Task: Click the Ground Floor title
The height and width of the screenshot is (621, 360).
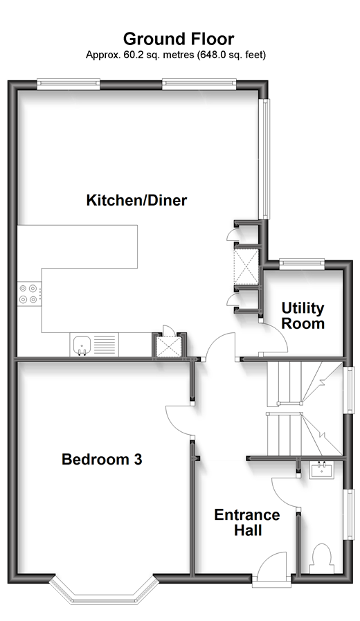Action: [179, 39]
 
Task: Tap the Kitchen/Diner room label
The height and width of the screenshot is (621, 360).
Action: [136, 200]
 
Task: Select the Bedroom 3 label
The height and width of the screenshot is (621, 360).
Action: [102, 460]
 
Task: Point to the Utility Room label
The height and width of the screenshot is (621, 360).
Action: [303, 316]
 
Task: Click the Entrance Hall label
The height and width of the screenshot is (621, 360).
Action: [247, 523]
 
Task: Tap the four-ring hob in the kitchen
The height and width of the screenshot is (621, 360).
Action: [29, 294]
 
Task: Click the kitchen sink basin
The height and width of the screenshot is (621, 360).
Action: [82, 345]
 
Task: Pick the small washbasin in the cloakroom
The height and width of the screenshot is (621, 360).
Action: [322, 471]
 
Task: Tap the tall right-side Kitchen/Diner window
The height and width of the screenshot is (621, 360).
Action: [264, 159]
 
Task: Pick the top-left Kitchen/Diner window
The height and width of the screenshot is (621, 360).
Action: [69, 83]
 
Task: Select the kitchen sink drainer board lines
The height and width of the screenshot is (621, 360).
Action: [105, 345]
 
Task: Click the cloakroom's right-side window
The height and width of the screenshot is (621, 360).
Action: [350, 514]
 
